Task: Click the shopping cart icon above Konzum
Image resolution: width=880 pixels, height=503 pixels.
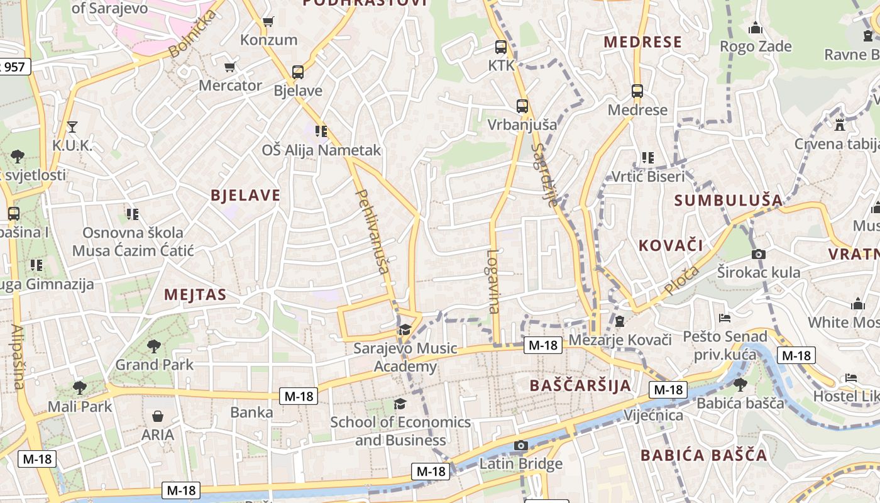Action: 268,22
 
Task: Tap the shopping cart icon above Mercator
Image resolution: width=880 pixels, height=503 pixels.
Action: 230,67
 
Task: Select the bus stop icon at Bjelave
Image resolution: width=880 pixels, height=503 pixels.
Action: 297,72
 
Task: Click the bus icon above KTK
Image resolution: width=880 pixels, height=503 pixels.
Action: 501,47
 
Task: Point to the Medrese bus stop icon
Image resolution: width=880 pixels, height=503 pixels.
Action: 637,91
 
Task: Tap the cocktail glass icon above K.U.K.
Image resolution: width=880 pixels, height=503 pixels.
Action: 72,127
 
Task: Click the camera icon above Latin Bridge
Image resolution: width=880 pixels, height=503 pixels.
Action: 520,446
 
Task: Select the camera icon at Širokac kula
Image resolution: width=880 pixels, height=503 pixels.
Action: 759,254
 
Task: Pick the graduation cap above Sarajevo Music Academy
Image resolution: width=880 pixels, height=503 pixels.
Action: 405,329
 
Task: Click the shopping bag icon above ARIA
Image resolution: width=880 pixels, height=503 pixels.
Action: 157,416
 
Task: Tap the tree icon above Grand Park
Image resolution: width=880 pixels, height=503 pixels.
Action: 154,346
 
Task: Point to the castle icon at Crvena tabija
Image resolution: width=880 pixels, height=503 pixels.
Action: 840,124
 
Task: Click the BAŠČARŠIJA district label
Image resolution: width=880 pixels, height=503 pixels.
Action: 580,385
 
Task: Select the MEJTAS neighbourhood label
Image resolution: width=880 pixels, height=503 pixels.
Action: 195,294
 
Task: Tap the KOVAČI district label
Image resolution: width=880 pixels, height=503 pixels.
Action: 671,245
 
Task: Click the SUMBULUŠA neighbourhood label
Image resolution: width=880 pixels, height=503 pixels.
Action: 729,201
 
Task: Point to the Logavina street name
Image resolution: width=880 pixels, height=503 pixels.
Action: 493,281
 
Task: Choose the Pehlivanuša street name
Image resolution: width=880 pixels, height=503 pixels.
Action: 373,231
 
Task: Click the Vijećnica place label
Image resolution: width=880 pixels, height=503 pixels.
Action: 653,416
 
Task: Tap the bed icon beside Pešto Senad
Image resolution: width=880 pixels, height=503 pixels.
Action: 725,318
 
